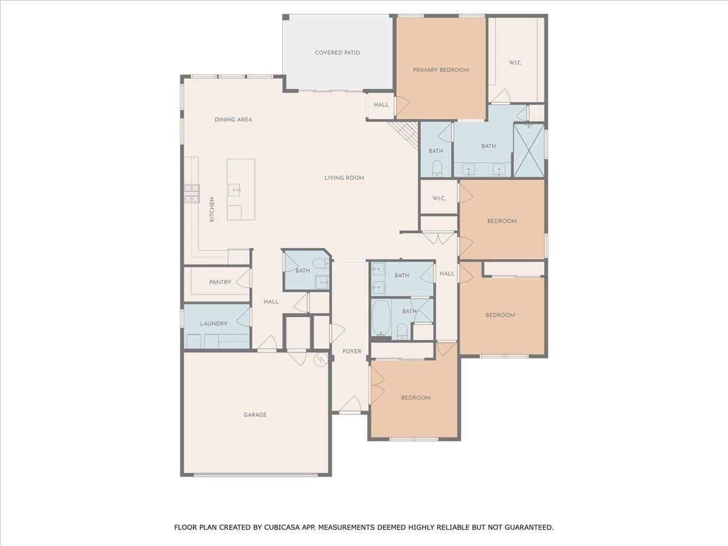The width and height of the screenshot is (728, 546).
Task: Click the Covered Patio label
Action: pyautogui.click(x=337, y=53)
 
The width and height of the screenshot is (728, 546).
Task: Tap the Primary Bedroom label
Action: pyautogui.click(x=441, y=70)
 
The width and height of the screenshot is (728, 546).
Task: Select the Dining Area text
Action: pyautogui.click(x=233, y=120)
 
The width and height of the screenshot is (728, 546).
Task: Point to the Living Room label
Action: pyautogui.click(x=344, y=178)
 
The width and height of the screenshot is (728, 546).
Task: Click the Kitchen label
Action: pyautogui.click(x=212, y=209)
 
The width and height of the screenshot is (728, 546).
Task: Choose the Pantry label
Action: pyautogui.click(x=220, y=282)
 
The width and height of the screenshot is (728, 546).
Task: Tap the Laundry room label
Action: pyautogui.click(x=214, y=323)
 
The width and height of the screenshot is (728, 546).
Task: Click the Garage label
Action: pyautogui.click(x=255, y=415)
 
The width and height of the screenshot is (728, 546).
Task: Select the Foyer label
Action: pyautogui.click(x=352, y=351)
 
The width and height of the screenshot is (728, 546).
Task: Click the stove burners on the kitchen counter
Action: pyautogui.click(x=192, y=194)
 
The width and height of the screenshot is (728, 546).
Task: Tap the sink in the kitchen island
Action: pyautogui.click(x=234, y=190)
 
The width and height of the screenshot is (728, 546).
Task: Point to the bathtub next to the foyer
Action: pyautogui.click(x=381, y=318)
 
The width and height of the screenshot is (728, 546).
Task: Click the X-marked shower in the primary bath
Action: pyautogui.click(x=528, y=150)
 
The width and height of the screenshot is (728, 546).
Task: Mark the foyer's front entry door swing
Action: pyautogui.click(x=350, y=404)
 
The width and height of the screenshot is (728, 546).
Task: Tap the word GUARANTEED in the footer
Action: pyautogui.click(x=531, y=527)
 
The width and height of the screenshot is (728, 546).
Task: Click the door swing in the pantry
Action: pyautogui.click(x=243, y=278)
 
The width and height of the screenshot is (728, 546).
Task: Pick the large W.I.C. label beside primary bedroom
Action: pyautogui.click(x=516, y=62)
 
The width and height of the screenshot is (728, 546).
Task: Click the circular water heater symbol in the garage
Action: pyautogui.click(x=321, y=360)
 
